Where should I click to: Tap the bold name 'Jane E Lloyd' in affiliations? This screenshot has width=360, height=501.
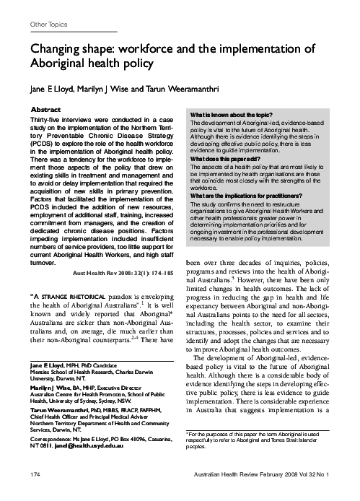48,368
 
